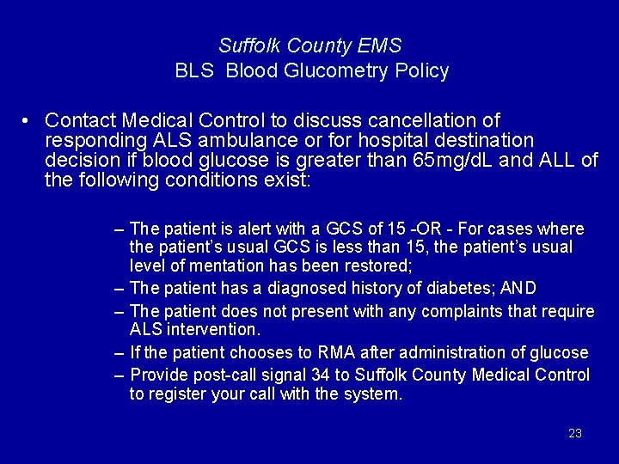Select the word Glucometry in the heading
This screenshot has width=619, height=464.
(x=330, y=71)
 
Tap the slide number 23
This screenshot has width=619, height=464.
(x=575, y=433)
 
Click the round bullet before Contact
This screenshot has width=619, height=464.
(x=28, y=120)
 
